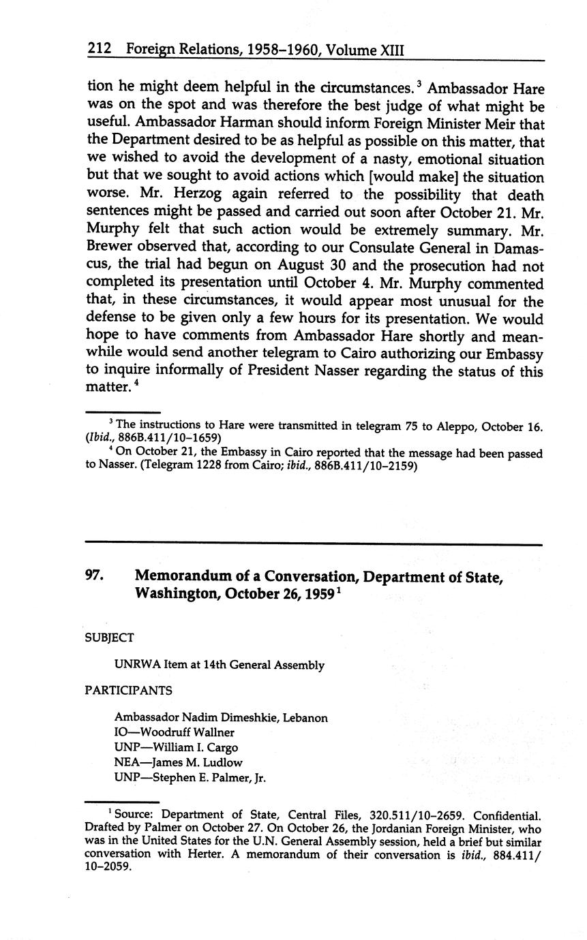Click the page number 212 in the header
point(100,50)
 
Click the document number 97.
point(93,576)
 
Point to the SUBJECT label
point(109,638)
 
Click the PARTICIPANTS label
point(128,690)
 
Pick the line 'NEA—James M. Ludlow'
point(178,763)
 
